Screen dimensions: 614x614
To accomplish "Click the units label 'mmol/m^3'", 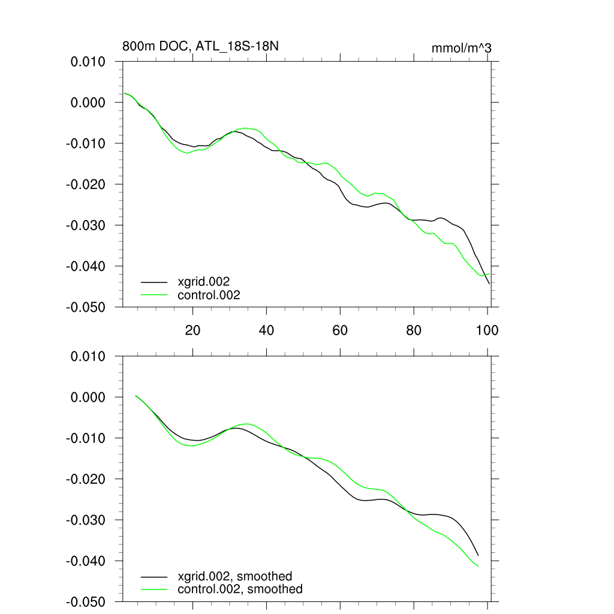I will [x=461, y=48].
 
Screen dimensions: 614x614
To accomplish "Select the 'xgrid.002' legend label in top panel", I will [x=203, y=281].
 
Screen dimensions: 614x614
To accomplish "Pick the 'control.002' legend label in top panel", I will [x=209, y=294].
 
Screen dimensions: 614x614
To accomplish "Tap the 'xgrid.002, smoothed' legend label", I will [x=235, y=576].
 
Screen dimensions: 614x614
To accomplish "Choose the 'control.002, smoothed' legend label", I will [x=240, y=589].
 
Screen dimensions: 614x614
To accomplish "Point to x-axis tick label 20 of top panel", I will [x=192, y=330].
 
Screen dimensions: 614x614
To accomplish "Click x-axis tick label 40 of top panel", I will [x=266, y=330].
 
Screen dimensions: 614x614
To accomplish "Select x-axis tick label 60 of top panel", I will [x=340, y=330].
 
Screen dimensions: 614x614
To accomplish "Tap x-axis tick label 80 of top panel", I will [x=414, y=330].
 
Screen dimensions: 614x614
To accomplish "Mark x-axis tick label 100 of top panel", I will [x=487, y=330].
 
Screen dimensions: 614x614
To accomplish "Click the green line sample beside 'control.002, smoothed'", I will [x=154, y=589].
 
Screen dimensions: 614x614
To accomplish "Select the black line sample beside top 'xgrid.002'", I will [x=154, y=281].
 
